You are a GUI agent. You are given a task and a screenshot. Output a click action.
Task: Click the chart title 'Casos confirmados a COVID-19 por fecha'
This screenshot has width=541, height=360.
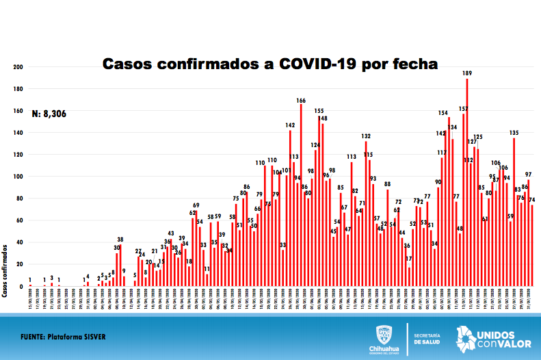tap(270, 64)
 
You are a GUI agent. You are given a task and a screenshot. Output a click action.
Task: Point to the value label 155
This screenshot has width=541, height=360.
tap(319, 110)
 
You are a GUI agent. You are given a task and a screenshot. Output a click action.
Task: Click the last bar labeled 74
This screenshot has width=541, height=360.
tap(532, 245)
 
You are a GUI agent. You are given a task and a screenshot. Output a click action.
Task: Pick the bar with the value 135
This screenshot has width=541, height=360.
tap(514, 211)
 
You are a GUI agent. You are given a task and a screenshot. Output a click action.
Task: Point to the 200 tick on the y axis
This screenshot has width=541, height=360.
tap(18, 67)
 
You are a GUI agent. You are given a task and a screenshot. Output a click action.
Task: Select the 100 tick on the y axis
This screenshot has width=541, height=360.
tap(18, 177)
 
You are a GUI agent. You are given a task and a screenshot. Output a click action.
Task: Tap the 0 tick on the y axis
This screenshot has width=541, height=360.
tap(21, 285)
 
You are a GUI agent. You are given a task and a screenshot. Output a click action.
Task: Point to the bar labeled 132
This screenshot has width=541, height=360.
tap(366, 213)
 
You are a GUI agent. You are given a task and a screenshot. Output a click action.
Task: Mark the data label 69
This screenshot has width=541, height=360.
tap(196, 205)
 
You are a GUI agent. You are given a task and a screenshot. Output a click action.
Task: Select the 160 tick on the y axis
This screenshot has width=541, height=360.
tap(18, 111)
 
